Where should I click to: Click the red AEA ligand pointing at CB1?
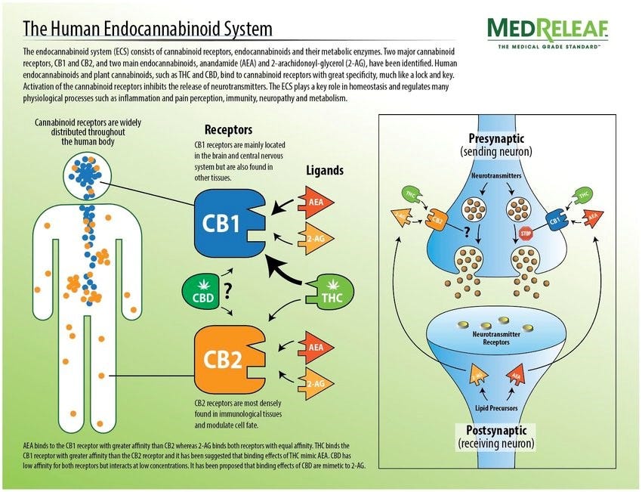point(315,203)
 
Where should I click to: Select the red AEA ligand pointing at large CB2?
point(315,348)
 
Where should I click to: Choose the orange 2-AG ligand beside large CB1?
point(315,239)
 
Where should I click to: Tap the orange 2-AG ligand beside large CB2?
point(315,383)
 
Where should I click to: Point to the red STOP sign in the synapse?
point(526,234)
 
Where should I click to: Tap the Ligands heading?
point(325,170)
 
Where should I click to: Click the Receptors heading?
point(228,130)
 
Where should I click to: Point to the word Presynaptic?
point(495,139)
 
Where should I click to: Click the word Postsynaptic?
point(495,430)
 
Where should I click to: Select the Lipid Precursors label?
point(495,408)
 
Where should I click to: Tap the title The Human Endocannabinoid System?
point(148,29)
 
